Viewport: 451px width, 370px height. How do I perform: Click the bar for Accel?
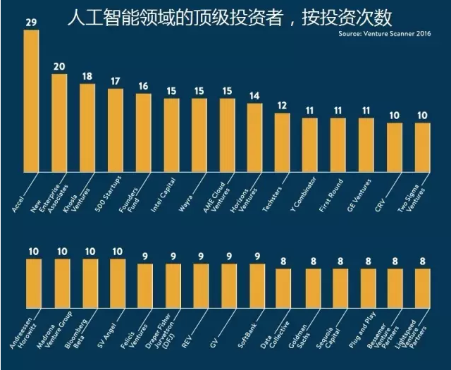(32, 101)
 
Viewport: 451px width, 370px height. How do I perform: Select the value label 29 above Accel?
(31, 23)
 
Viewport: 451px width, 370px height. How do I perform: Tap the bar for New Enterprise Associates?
(59, 123)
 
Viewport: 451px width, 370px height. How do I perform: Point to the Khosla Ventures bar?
(87, 128)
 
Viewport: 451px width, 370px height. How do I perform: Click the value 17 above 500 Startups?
(116, 82)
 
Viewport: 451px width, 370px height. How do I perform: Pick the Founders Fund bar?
(143, 133)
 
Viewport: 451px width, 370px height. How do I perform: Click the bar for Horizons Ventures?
(254, 138)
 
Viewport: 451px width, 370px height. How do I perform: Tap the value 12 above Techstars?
(282, 106)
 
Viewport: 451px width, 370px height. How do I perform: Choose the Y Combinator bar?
(310, 145)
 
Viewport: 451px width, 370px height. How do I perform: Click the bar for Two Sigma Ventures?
(422, 148)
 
